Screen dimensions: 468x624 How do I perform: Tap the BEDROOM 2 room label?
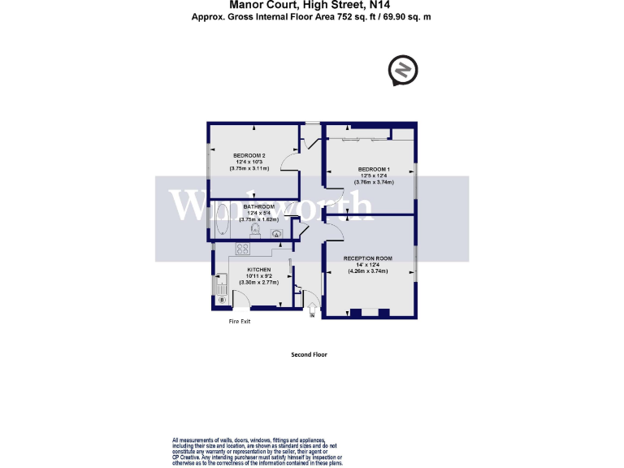click(x=249, y=155)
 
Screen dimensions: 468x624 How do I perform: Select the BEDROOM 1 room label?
click(x=375, y=169)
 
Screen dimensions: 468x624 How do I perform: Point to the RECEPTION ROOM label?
click(x=367, y=258)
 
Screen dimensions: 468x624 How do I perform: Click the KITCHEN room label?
click(x=259, y=270)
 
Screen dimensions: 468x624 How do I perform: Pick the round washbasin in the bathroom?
click(x=278, y=235)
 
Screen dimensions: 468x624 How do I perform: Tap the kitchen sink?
click(x=221, y=285)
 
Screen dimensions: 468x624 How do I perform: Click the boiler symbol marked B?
click(x=222, y=301)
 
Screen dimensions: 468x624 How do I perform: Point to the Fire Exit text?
click(x=239, y=322)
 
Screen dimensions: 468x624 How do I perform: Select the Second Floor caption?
click(x=309, y=355)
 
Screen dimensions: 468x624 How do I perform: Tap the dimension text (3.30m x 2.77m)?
click(x=259, y=282)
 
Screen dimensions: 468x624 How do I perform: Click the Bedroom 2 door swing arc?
click(x=289, y=158)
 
